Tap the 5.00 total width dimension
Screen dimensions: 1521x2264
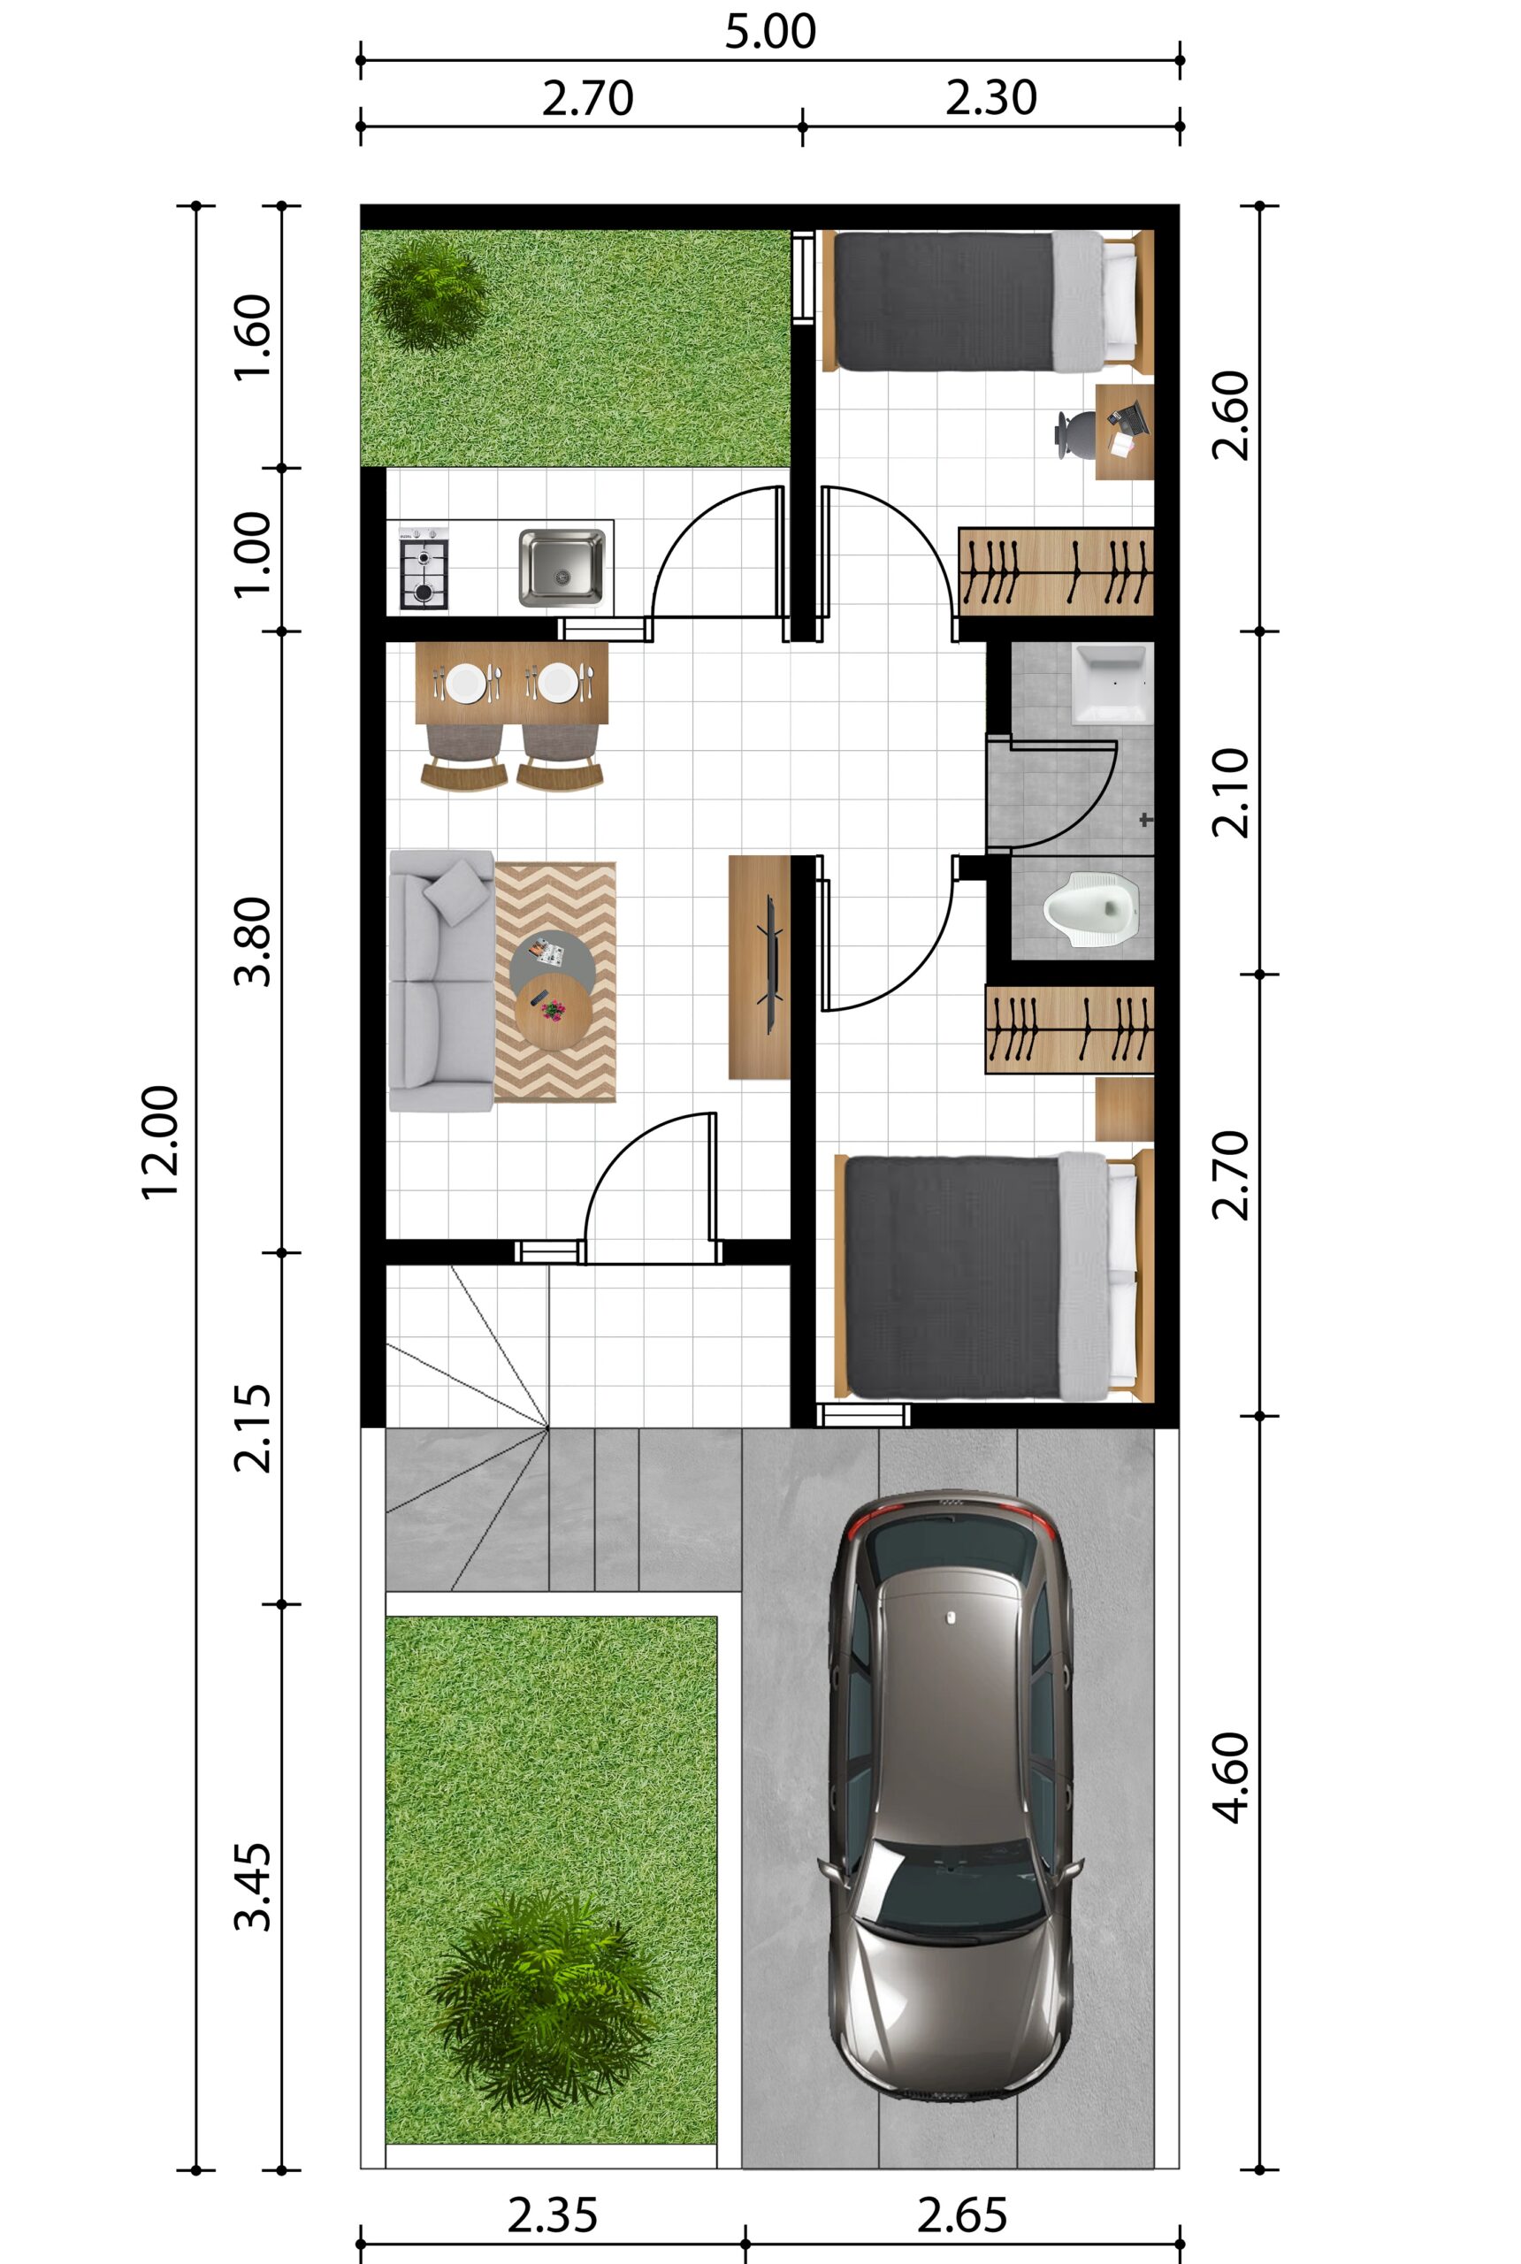click(770, 31)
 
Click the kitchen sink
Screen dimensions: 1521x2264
click(561, 569)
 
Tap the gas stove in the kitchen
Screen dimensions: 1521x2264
click(424, 569)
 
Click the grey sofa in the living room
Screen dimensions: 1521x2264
click(442, 980)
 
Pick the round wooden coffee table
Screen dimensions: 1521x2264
click(553, 1010)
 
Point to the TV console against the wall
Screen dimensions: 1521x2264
click(760, 968)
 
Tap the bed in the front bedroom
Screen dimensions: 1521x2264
click(994, 1278)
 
